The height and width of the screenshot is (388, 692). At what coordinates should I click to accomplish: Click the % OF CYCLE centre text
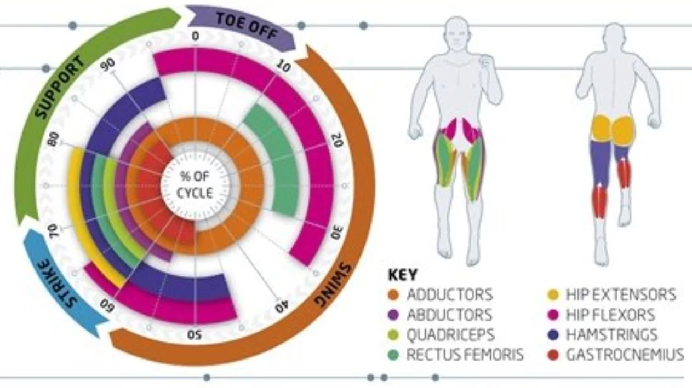click(195, 185)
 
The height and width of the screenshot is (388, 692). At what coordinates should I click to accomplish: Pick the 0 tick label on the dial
click(196, 37)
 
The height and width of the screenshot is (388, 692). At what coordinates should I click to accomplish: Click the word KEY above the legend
click(403, 274)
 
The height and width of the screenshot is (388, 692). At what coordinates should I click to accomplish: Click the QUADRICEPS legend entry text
click(450, 335)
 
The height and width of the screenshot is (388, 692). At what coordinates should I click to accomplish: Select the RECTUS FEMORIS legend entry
click(465, 355)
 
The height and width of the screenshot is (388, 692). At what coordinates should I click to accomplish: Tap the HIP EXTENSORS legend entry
click(620, 295)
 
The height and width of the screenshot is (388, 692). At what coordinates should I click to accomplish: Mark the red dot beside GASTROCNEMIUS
click(552, 355)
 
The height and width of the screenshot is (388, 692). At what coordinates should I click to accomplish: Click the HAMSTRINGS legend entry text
click(611, 335)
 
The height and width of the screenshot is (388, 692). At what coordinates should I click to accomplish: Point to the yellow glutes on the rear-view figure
click(614, 129)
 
